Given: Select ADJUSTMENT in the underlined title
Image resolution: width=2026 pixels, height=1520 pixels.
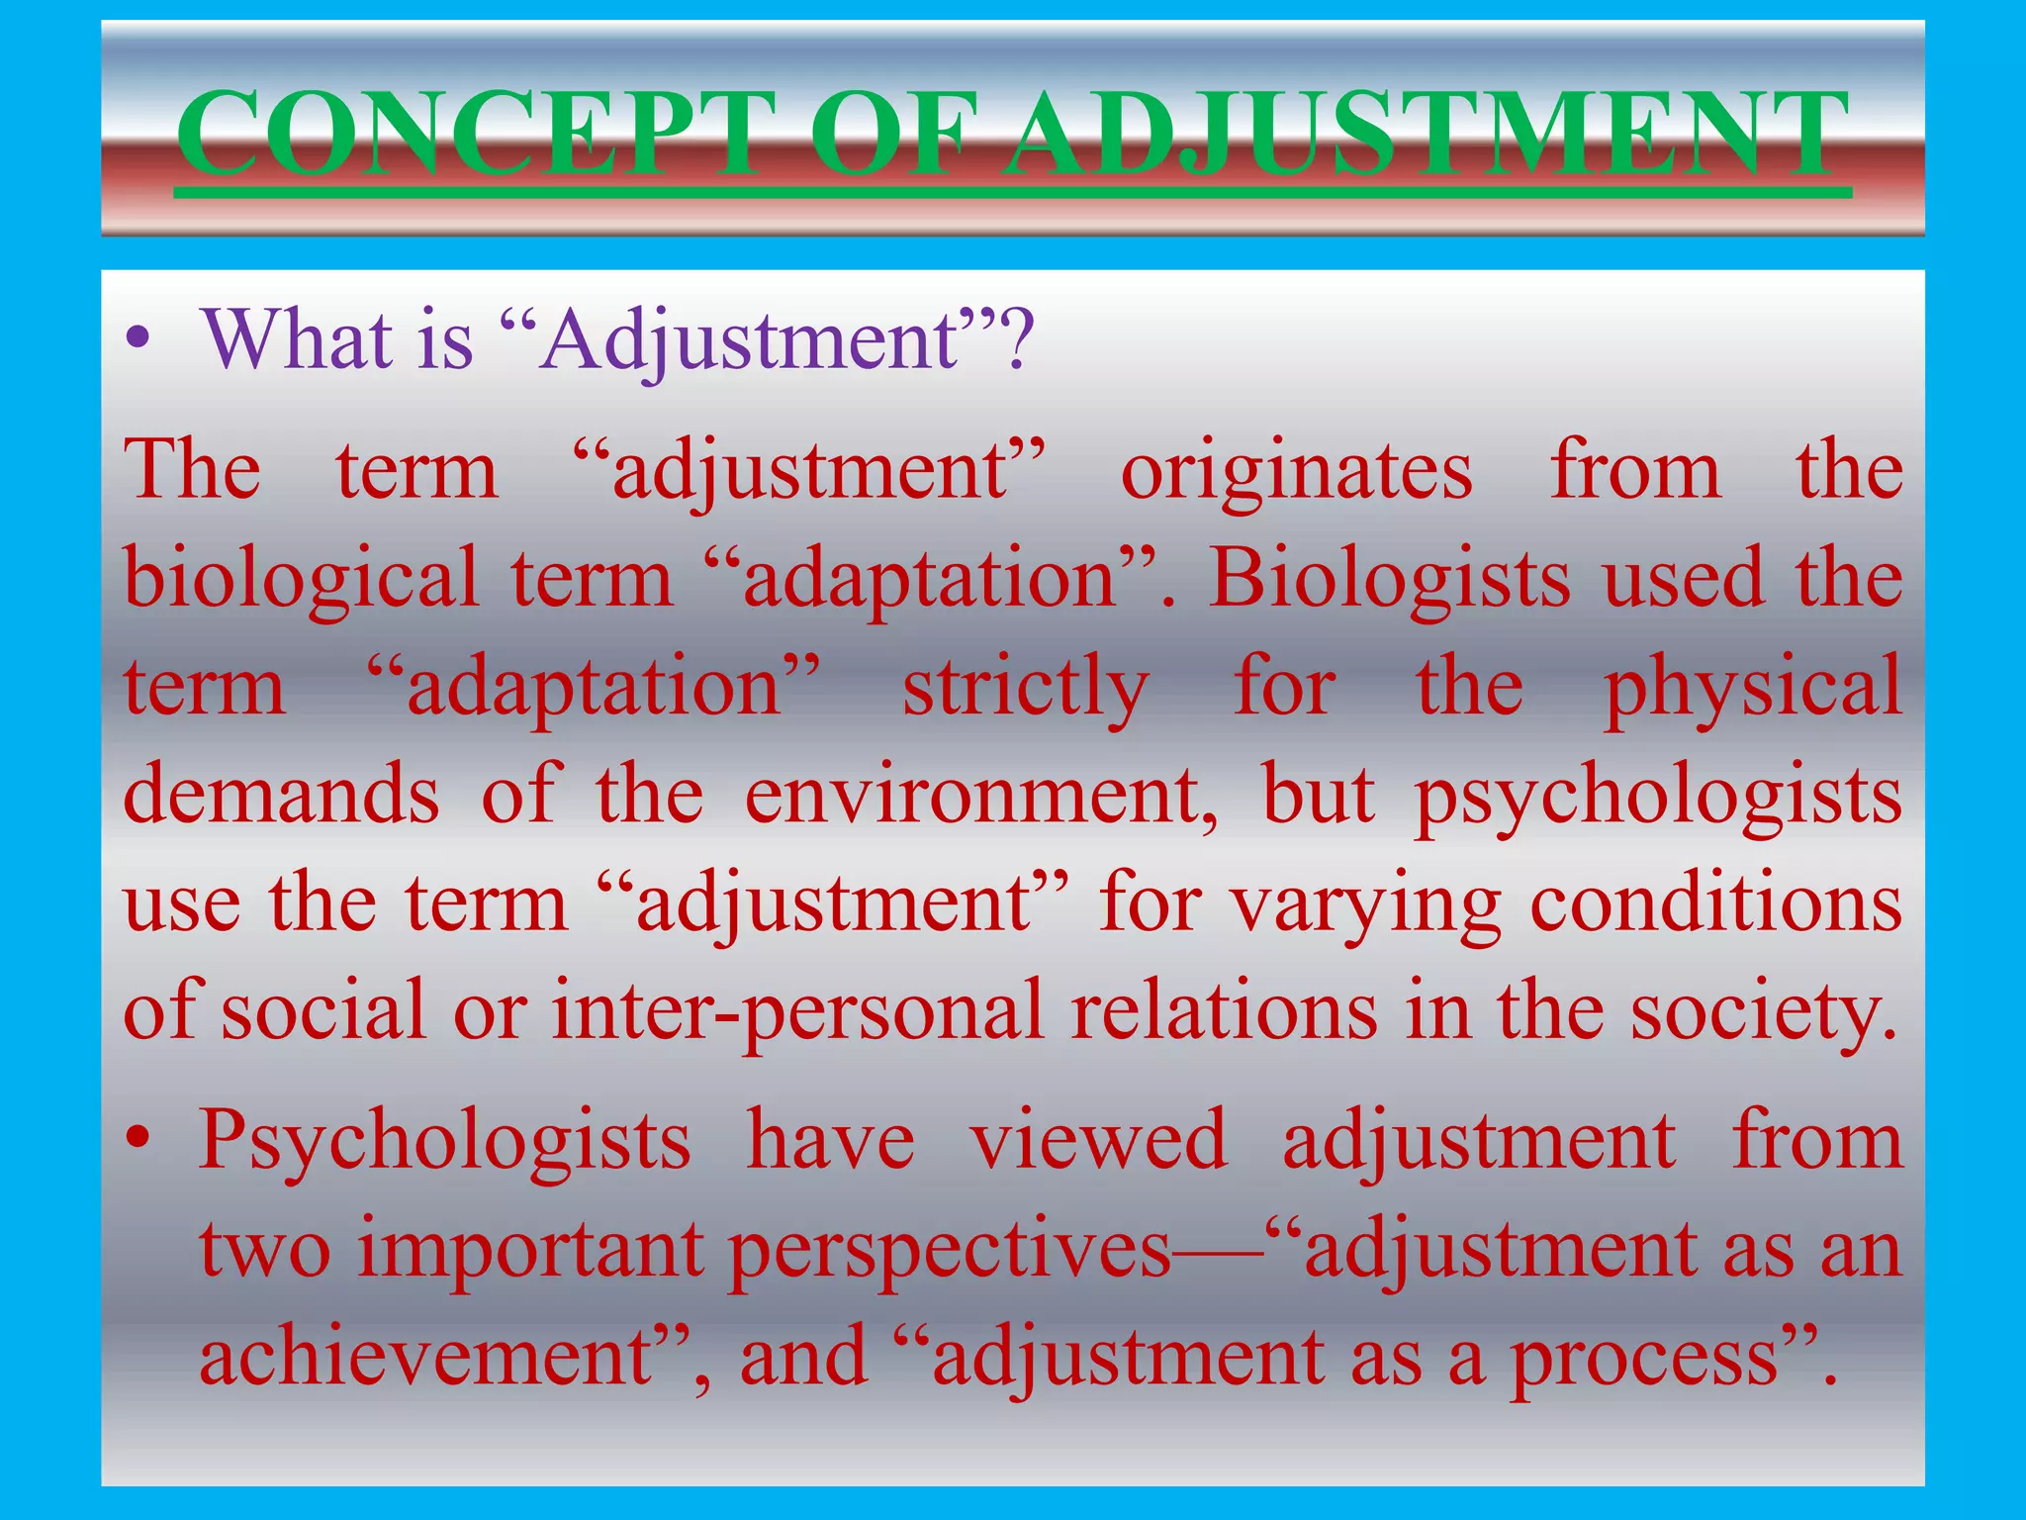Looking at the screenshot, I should point(1425,134).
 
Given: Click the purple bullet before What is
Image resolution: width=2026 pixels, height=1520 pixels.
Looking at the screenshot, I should point(138,341).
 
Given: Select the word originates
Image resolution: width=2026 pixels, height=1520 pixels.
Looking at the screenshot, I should point(1296,472).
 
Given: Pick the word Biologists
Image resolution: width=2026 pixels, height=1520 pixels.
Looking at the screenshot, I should point(1389,579).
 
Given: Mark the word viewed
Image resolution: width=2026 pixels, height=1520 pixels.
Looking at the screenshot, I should point(1098,1141).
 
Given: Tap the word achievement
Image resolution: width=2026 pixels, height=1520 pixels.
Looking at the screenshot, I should point(425,1358).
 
